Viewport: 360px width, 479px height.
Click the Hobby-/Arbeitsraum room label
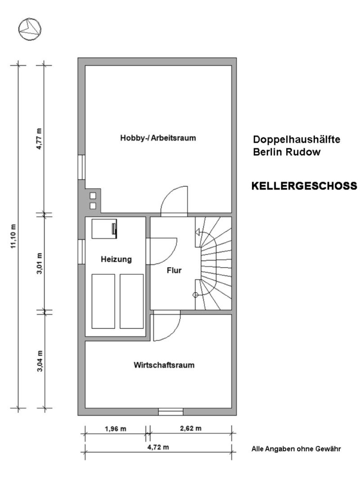click(157, 138)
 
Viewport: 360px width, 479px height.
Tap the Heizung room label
click(116, 260)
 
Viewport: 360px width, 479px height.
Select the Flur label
click(174, 270)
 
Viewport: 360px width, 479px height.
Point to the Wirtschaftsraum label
click(164, 365)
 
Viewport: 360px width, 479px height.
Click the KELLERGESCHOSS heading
click(304, 186)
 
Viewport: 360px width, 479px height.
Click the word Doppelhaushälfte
click(297, 139)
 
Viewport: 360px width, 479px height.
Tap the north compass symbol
click(30, 29)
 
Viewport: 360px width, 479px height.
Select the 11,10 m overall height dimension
click(13, 236)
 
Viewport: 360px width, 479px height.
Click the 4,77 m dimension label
click(40, 139)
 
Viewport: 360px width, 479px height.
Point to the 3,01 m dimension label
click(40, 263)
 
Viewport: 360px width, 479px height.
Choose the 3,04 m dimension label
click(40, 361)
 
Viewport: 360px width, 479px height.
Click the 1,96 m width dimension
click(116, 429)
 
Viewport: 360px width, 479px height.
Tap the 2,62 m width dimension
click(191, 428)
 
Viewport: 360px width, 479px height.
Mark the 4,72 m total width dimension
click(158, 447)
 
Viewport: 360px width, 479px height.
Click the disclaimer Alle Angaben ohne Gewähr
click(296, 449)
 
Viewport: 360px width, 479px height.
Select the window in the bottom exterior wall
click(171, 412)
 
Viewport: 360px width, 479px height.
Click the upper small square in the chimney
click(93, 196)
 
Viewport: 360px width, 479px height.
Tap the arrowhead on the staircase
click(198, 233)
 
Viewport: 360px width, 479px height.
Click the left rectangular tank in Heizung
click(103, 301)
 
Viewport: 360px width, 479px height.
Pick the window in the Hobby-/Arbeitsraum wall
click(81, 167)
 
